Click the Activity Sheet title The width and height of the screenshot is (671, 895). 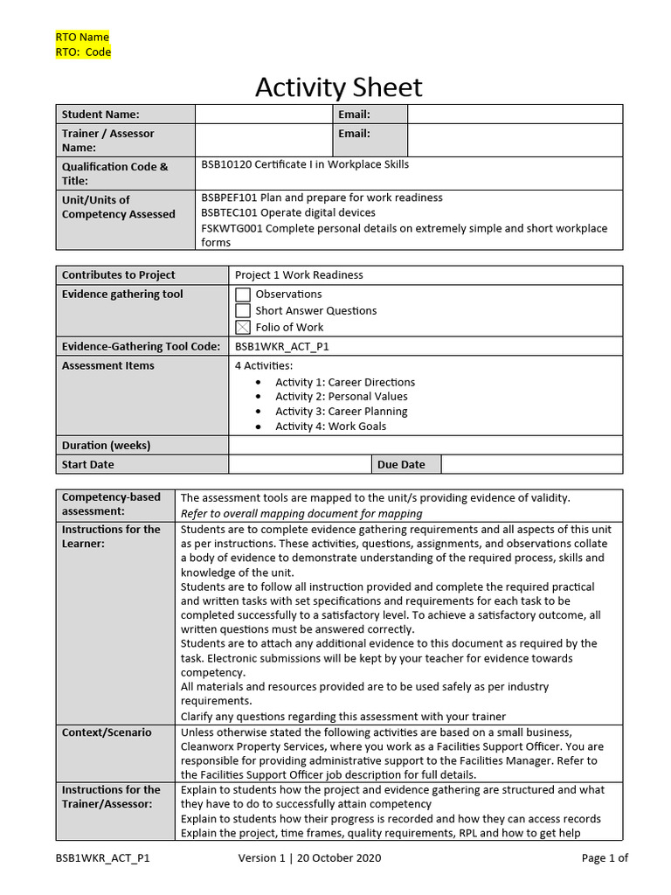click(338, 87)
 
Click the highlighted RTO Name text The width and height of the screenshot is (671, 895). click(83, 37)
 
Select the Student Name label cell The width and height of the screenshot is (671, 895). click(100, 114)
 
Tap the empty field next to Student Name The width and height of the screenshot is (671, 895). click(263, 114)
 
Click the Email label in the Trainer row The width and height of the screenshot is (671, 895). click(354, 134)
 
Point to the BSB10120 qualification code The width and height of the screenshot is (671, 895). click(226, 164)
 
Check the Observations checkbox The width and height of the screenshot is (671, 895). click(243, 295)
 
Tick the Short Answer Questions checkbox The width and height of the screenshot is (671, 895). click(243, 311)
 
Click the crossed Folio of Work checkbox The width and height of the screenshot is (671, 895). click(243, 328)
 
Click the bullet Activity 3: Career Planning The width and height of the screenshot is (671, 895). click(341, 412)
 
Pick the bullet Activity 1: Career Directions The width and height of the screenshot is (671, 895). click(345, 382)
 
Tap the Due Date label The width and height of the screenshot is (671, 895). click(401, 464)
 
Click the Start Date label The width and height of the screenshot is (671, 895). click(88, 464)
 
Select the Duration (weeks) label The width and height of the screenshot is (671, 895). click(106, 445)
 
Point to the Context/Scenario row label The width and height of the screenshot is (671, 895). click(107, 732)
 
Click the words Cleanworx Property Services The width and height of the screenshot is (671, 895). click(252, 746)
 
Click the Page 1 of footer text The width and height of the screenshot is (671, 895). click(605, 858)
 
